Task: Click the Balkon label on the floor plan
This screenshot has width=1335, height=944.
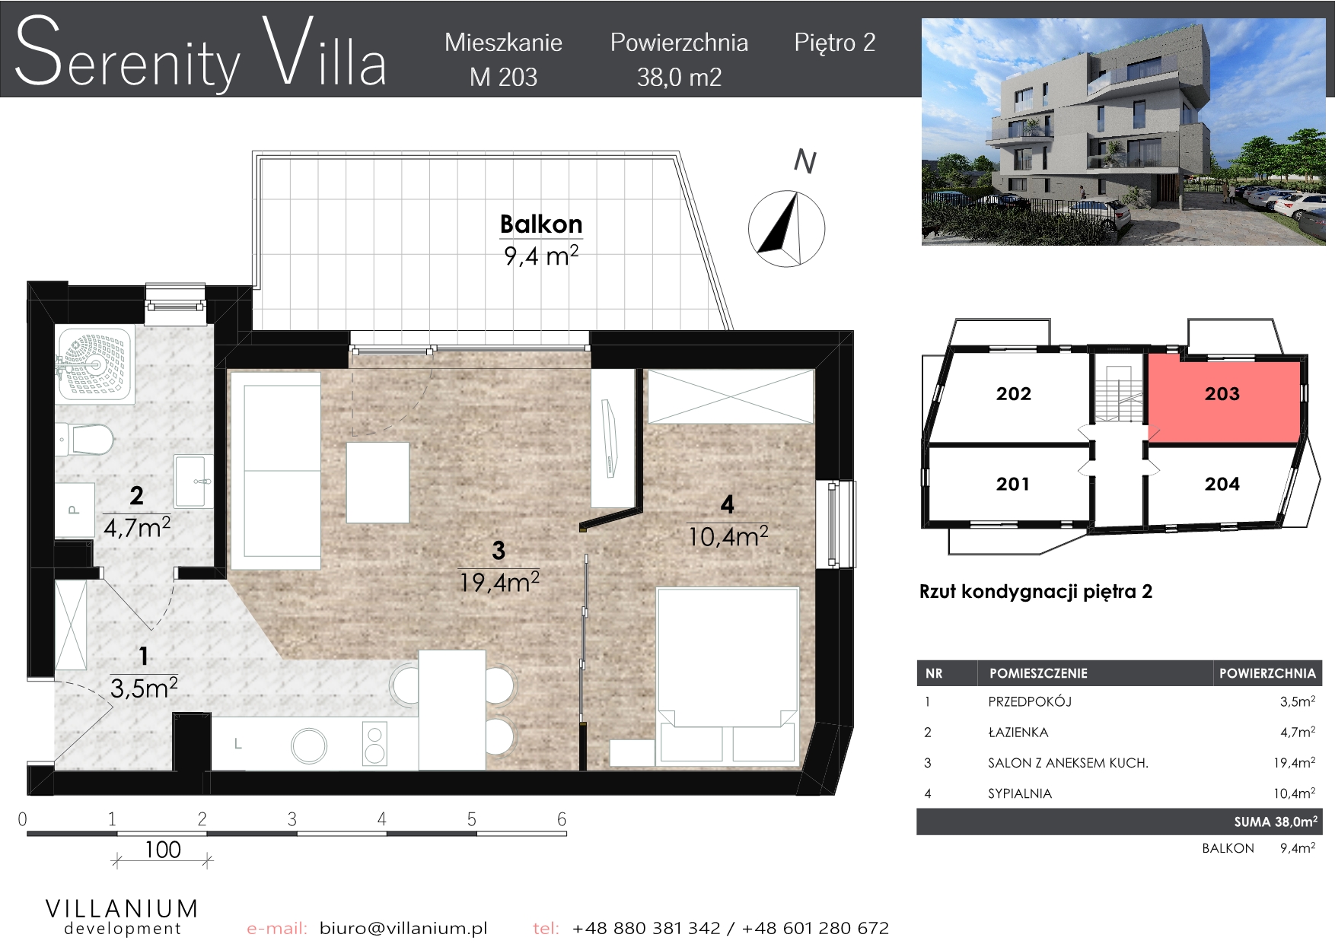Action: point(541,224)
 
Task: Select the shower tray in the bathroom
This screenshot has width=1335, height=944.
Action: point(94,365)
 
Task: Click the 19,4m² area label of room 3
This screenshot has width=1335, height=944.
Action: point(499,583)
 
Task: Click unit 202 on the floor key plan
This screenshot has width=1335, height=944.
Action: point(1013,394)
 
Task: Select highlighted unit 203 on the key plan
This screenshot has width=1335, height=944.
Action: point(1222,394)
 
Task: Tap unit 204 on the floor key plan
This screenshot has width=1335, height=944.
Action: point(1222,484)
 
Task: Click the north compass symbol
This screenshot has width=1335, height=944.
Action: point(786,228)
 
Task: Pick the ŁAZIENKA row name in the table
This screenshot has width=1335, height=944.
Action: point(1018,733)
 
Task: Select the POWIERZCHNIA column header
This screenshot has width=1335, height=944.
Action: point(1267,673)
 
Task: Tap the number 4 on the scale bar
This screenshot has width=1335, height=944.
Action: point(381,819)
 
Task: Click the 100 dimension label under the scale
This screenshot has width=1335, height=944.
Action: point(163,850)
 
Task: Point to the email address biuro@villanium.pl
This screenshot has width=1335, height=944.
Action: point(403,928)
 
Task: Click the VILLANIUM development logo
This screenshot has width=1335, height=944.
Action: point(122,917)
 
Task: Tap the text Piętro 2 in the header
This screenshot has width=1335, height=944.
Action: point(835,43)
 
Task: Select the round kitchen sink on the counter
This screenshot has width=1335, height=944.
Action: point(309,745)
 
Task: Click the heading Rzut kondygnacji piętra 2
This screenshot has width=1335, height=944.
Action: point(1036,592)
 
